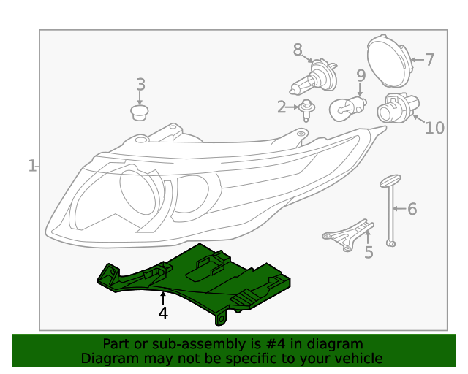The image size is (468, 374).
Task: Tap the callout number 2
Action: [x=282, y=108]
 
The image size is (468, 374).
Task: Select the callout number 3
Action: [x=141, y=85]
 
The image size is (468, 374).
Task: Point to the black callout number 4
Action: [x=163, y=313]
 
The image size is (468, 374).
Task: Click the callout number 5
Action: [x=369, y=253]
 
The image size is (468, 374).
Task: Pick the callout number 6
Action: [x=412, y=210]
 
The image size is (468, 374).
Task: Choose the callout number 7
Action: [x=429, y=59]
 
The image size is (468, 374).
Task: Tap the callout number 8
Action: [x=298, y=50]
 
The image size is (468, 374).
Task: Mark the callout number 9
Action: [x=361, y=75]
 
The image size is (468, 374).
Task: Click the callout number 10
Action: [x=434, y=128]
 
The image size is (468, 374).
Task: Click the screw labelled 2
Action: [x=307, y=110]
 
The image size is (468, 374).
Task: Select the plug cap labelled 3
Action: [x=139, y=112]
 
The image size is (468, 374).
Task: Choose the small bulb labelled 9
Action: [x=347, y=109]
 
